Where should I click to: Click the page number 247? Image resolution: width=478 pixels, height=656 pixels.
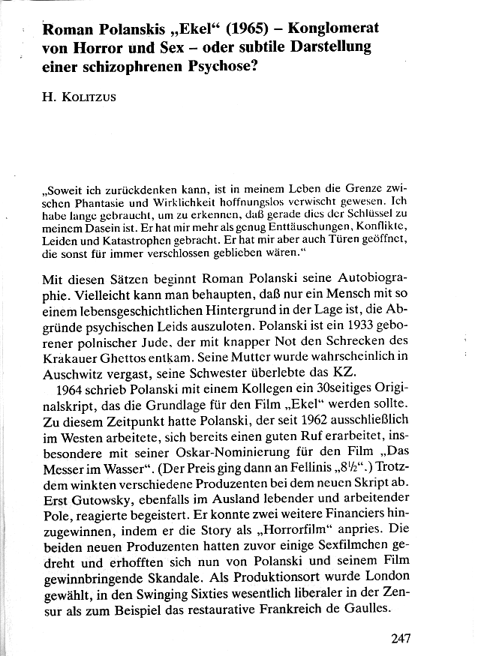[404, 639]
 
